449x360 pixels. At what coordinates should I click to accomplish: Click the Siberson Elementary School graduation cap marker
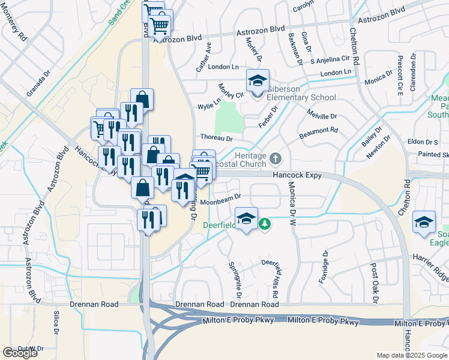click(x=257, y=81)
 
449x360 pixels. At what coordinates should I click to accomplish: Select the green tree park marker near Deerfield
click(x=264, y=224)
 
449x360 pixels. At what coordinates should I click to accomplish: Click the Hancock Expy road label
click(x=298, y=176)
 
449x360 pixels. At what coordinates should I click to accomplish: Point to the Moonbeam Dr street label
click(x=220, y=197)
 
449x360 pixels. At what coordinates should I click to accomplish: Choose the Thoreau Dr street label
click(x=216, y=138)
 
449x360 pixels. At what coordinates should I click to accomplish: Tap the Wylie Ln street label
click(x=209, y=107)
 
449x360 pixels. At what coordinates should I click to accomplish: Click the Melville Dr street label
click(x=322, y=115)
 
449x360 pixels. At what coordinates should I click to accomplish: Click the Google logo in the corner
click(x=20, y=353)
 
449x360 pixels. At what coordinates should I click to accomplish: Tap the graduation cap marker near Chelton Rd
click(x=424, y=223)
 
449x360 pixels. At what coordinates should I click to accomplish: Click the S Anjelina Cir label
click(x=330, y=60)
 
